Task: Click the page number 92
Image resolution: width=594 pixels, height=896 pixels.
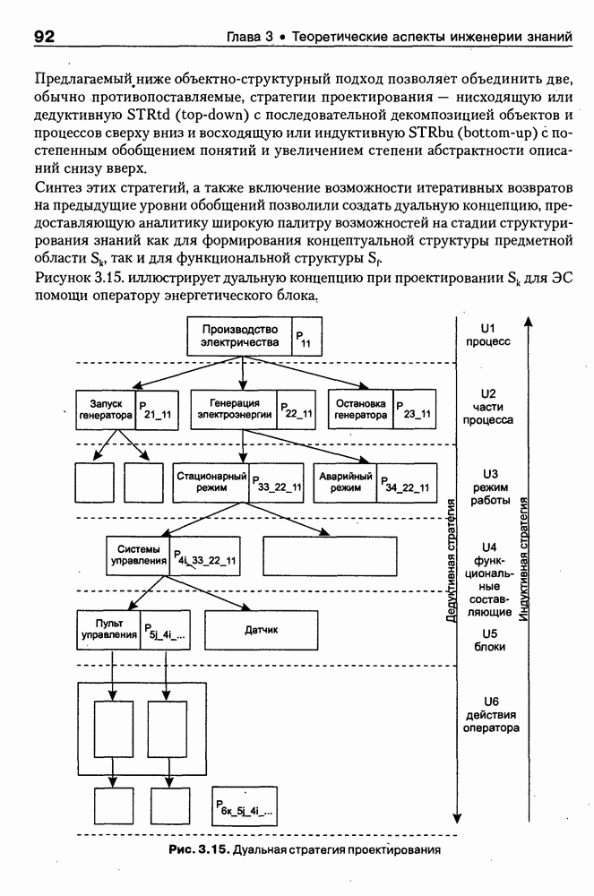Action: tap(46, 37)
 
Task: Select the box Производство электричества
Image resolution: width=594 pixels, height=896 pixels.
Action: tap(239, 336)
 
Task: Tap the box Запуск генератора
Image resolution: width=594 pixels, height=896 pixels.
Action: tap(106, 409)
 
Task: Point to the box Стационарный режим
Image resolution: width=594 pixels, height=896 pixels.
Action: tap(211, 483)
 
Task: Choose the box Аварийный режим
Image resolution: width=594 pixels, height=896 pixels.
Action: tap(345, 483)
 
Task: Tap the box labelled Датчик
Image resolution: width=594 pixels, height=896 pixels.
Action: tap(262, 630)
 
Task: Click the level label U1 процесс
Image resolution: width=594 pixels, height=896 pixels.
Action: tap(488, 335)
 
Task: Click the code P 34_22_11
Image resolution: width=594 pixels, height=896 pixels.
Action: tap(403, 484)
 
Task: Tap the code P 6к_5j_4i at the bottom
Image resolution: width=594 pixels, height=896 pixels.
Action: tap(245, 810)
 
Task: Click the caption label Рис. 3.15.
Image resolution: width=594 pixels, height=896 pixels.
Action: tap(199, 849)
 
